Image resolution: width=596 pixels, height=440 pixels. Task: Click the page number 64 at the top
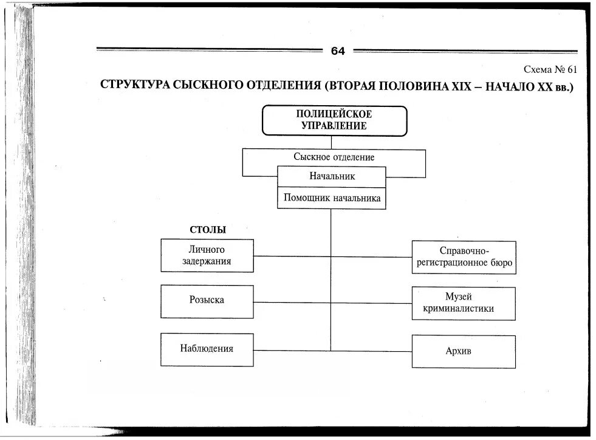(338, 51)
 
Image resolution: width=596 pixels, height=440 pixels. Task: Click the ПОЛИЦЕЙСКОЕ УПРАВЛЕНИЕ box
(334, 120)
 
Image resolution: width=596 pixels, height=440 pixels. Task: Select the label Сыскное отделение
(334, 157)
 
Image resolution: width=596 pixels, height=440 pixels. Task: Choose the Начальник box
(332, 176)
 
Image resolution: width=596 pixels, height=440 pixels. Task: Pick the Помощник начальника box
(332, 198)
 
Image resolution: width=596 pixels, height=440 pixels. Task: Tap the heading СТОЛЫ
(208, 230)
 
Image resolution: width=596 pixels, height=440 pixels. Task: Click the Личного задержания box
(207, 255)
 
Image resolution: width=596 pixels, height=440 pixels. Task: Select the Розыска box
(207, 300)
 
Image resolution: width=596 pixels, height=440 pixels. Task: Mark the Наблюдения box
(207, 349)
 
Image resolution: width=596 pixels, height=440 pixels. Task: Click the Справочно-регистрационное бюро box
(464, 257)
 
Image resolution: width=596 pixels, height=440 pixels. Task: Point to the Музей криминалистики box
(464, 303)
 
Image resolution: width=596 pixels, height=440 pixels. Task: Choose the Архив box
(464, 351)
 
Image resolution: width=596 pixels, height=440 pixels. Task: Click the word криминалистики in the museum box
(464, 309)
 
